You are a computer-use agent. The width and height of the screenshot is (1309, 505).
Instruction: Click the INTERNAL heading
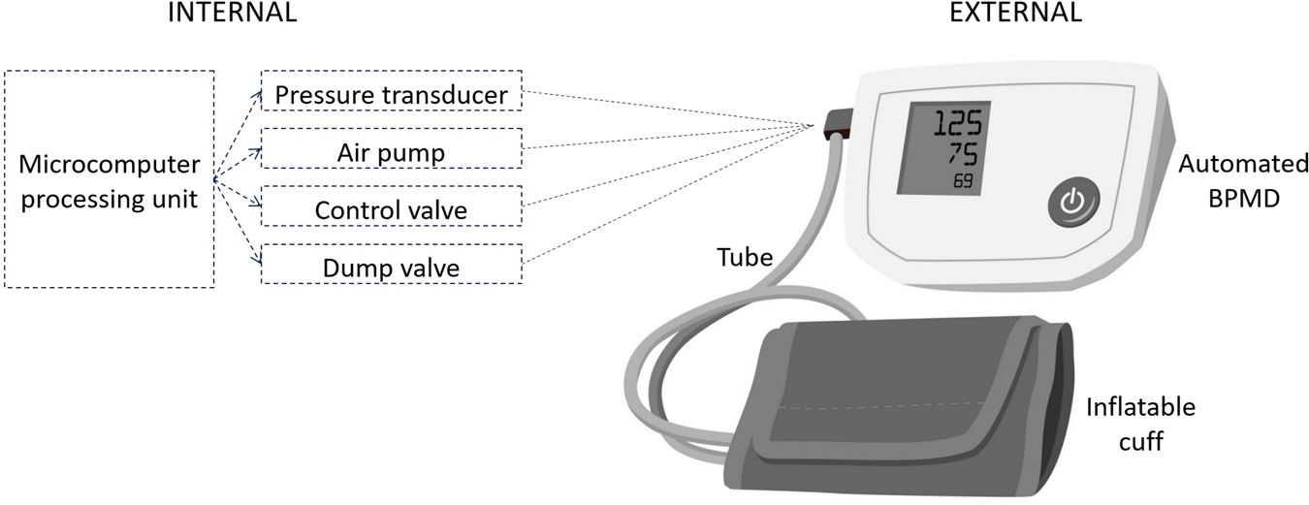[232, 14]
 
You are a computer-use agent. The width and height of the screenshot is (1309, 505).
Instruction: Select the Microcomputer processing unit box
[109, 178]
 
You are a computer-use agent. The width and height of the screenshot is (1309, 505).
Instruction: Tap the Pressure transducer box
[391, 95]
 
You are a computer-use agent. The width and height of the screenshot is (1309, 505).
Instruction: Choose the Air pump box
[391, 152]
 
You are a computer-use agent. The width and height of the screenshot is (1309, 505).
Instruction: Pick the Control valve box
[391, 209]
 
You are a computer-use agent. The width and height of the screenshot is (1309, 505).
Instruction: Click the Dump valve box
[391, 266]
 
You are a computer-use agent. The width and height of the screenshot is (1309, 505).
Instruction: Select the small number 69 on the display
[964, 182]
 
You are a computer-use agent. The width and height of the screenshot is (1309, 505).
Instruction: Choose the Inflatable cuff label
[1139, 424]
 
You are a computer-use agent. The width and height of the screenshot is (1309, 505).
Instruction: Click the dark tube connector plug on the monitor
[837, 125]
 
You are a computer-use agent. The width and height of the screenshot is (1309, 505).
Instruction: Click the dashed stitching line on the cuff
[892, 405]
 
